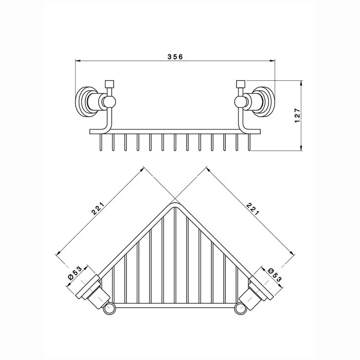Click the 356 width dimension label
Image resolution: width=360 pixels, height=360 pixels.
pyautogui.click(x=175, y=57)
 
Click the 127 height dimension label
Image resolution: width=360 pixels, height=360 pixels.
pyautogui.click(x=297, y=116)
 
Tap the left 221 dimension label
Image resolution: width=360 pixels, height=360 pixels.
pyautogui.click(x=98, y=208)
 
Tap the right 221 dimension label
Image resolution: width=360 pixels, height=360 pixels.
pyautogui.click(x=253, y=208)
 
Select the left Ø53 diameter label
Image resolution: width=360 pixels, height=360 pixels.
pyautogui.click(x=75, y=273)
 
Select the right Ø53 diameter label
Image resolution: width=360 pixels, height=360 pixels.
pyautogui.click(x=275, y=275)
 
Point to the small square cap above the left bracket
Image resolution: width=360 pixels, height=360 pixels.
pyautogui.click(x=109, y=84)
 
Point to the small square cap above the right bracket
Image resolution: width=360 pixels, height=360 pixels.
pyautogui.click(x=241, y=84)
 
